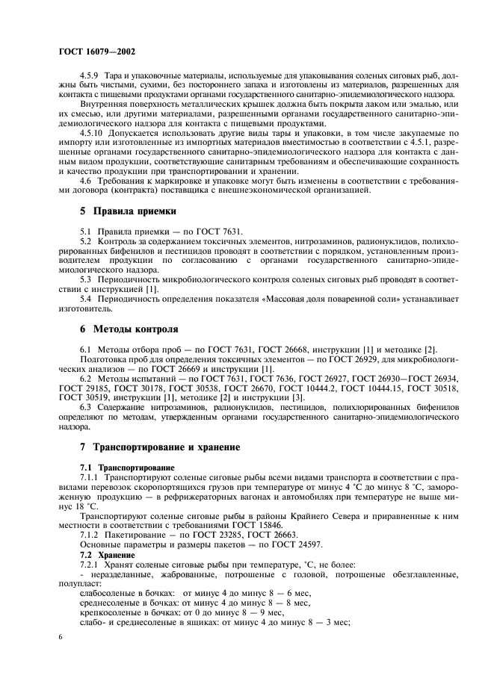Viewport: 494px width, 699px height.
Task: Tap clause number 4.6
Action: [86, 180]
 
